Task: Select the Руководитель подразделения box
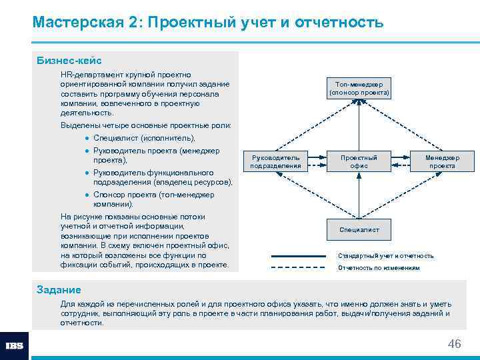275,161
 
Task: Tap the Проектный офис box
359,161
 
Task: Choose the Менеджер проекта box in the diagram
442,161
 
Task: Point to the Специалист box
359,229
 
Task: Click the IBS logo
14,346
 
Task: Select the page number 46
454,344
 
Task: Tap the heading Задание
59,289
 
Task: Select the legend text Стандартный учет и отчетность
385,256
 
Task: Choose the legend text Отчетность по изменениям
379,268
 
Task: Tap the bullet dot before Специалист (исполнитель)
87,139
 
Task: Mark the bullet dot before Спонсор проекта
87,195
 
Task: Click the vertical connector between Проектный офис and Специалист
359,195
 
